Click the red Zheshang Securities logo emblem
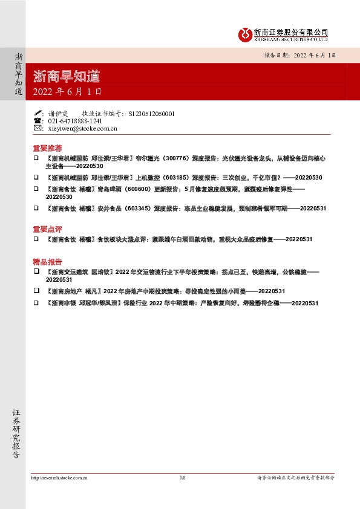pos(244,34)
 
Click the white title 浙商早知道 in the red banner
pos(67,77)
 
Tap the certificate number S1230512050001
pos(151,113)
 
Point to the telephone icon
pos(38,121)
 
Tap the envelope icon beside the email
pos(38,129)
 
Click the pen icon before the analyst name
pos(38,113)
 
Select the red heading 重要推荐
pos(47,148)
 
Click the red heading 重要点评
pos(47,229)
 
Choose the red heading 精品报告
pos(47,262)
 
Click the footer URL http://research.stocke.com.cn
pos(59,478)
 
